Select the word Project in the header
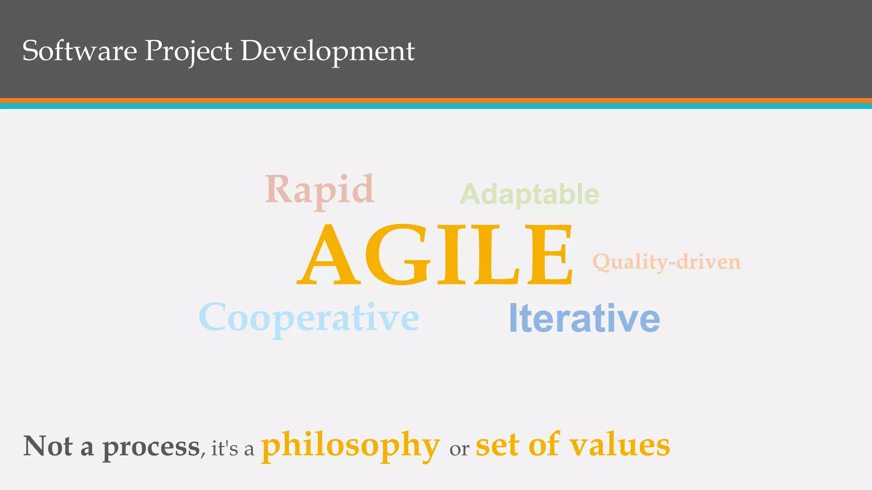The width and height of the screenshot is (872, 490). [189, 51]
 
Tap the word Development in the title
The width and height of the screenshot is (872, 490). [327, 51]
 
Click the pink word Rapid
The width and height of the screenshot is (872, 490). [319, 190]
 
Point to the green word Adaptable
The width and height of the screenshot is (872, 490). [529, 194]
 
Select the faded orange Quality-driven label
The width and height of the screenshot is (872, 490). [666, 262]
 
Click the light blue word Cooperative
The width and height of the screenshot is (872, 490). [309, 318]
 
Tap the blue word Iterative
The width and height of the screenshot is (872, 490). [584, 318]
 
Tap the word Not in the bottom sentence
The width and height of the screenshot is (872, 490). [48, 446]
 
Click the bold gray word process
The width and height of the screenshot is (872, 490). [151, 448]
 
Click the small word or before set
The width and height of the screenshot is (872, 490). [459, 450]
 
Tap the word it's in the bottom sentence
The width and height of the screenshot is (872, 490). [224, 449]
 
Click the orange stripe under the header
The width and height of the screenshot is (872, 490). [436, 100]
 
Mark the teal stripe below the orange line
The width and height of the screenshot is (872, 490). [436, 106]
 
